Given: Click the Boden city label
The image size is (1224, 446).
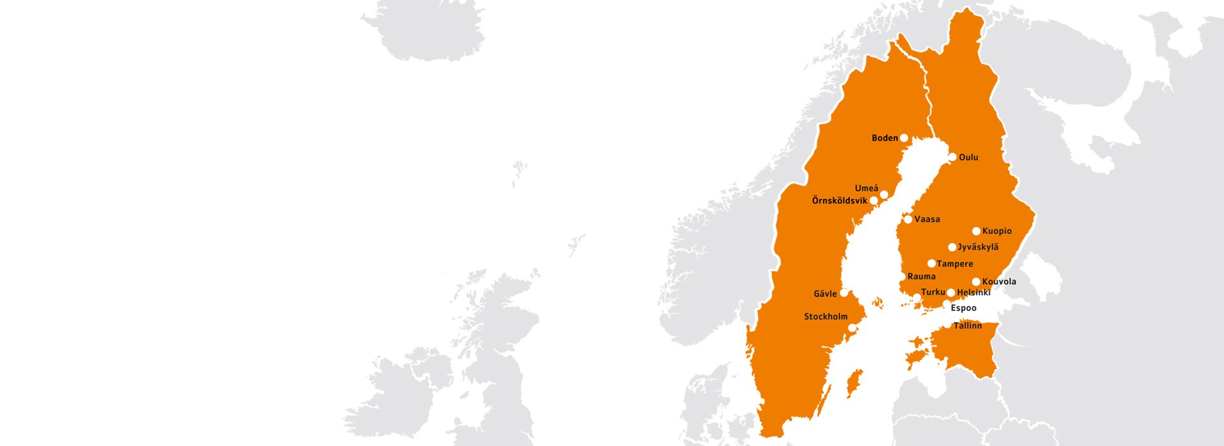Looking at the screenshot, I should click(x=884, y=138).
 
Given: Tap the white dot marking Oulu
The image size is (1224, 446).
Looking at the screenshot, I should click(x=952, y=157).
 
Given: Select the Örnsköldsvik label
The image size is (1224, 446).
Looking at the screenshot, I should click(x=839, y=201).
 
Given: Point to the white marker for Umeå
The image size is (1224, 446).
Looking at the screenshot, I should click(x=884, y=194).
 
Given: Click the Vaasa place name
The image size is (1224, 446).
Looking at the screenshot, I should click(x=927, y=219).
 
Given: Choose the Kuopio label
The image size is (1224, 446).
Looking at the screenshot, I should click(x=997, y=231).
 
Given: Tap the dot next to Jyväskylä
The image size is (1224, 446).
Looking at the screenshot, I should click(x=952, y=247).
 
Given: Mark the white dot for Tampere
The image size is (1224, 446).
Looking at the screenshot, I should click(x=931, y=263).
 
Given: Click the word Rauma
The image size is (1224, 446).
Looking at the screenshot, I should click(x=921, y=277).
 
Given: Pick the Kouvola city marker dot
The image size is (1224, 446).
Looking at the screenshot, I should click(x=976, y=282).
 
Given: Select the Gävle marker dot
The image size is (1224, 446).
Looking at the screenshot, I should click(x=844, y=293).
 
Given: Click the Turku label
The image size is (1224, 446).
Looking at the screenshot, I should click(x=933, y=292).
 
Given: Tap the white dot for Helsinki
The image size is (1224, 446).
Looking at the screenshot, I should click(x=951, y=292).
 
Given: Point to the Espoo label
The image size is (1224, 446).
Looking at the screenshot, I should click(x=963, y=308).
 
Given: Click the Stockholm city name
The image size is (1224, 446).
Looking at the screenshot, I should click(x=826, y=317).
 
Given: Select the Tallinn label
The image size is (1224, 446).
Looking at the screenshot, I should click(x=967, y=326).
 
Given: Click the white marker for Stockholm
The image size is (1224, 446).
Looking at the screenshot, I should click(x=852, y=328).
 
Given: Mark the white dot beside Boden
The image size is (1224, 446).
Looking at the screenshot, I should click(x=904, y=138).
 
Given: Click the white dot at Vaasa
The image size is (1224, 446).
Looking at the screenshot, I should click(x=908, y=219).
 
